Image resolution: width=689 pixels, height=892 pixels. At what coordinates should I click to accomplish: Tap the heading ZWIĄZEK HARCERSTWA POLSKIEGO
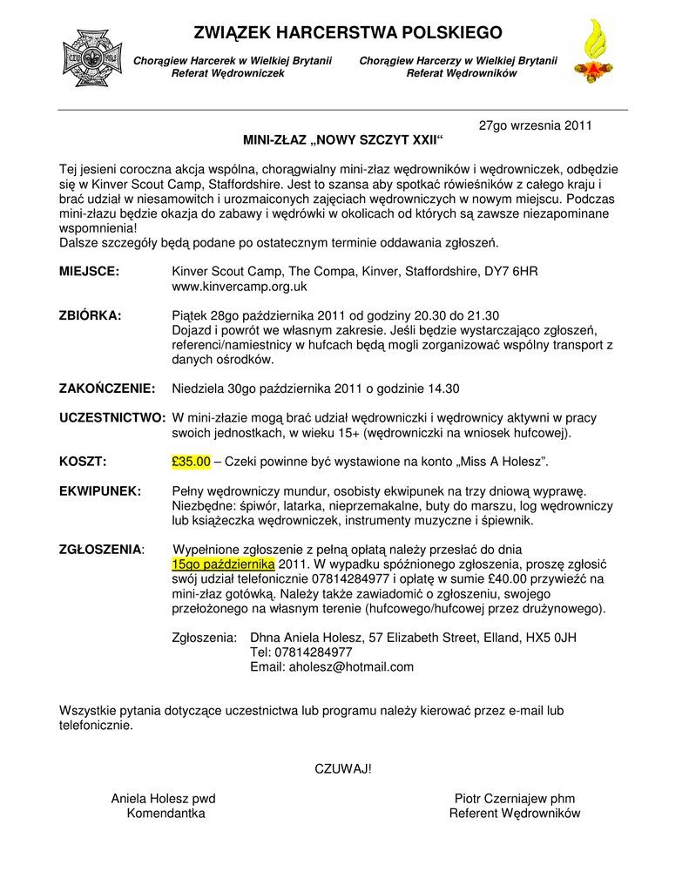click(348, 33)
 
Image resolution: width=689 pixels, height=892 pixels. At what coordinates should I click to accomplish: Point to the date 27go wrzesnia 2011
click(536, 125)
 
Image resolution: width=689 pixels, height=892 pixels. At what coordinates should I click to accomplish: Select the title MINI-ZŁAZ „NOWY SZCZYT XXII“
click(342, 140)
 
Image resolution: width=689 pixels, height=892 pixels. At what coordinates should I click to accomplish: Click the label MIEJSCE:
click(89, 272)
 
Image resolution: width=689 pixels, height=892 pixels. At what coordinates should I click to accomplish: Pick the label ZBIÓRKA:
click(91, 315)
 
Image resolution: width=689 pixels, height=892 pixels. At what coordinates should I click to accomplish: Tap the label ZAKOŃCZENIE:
click(107, 389)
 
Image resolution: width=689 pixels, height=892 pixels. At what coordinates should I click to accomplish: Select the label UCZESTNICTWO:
click(112, 418)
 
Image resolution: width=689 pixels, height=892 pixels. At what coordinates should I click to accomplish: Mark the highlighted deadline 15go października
click(223, 564)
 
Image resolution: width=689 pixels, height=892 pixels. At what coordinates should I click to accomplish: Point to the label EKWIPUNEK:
click(100, 491)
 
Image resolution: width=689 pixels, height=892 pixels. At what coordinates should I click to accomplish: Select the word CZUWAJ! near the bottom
click(342, 768)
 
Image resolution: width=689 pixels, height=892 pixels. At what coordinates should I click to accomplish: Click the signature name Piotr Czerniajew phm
click(515, 799)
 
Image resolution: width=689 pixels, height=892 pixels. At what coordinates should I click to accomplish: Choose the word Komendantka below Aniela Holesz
click(166, 814)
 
